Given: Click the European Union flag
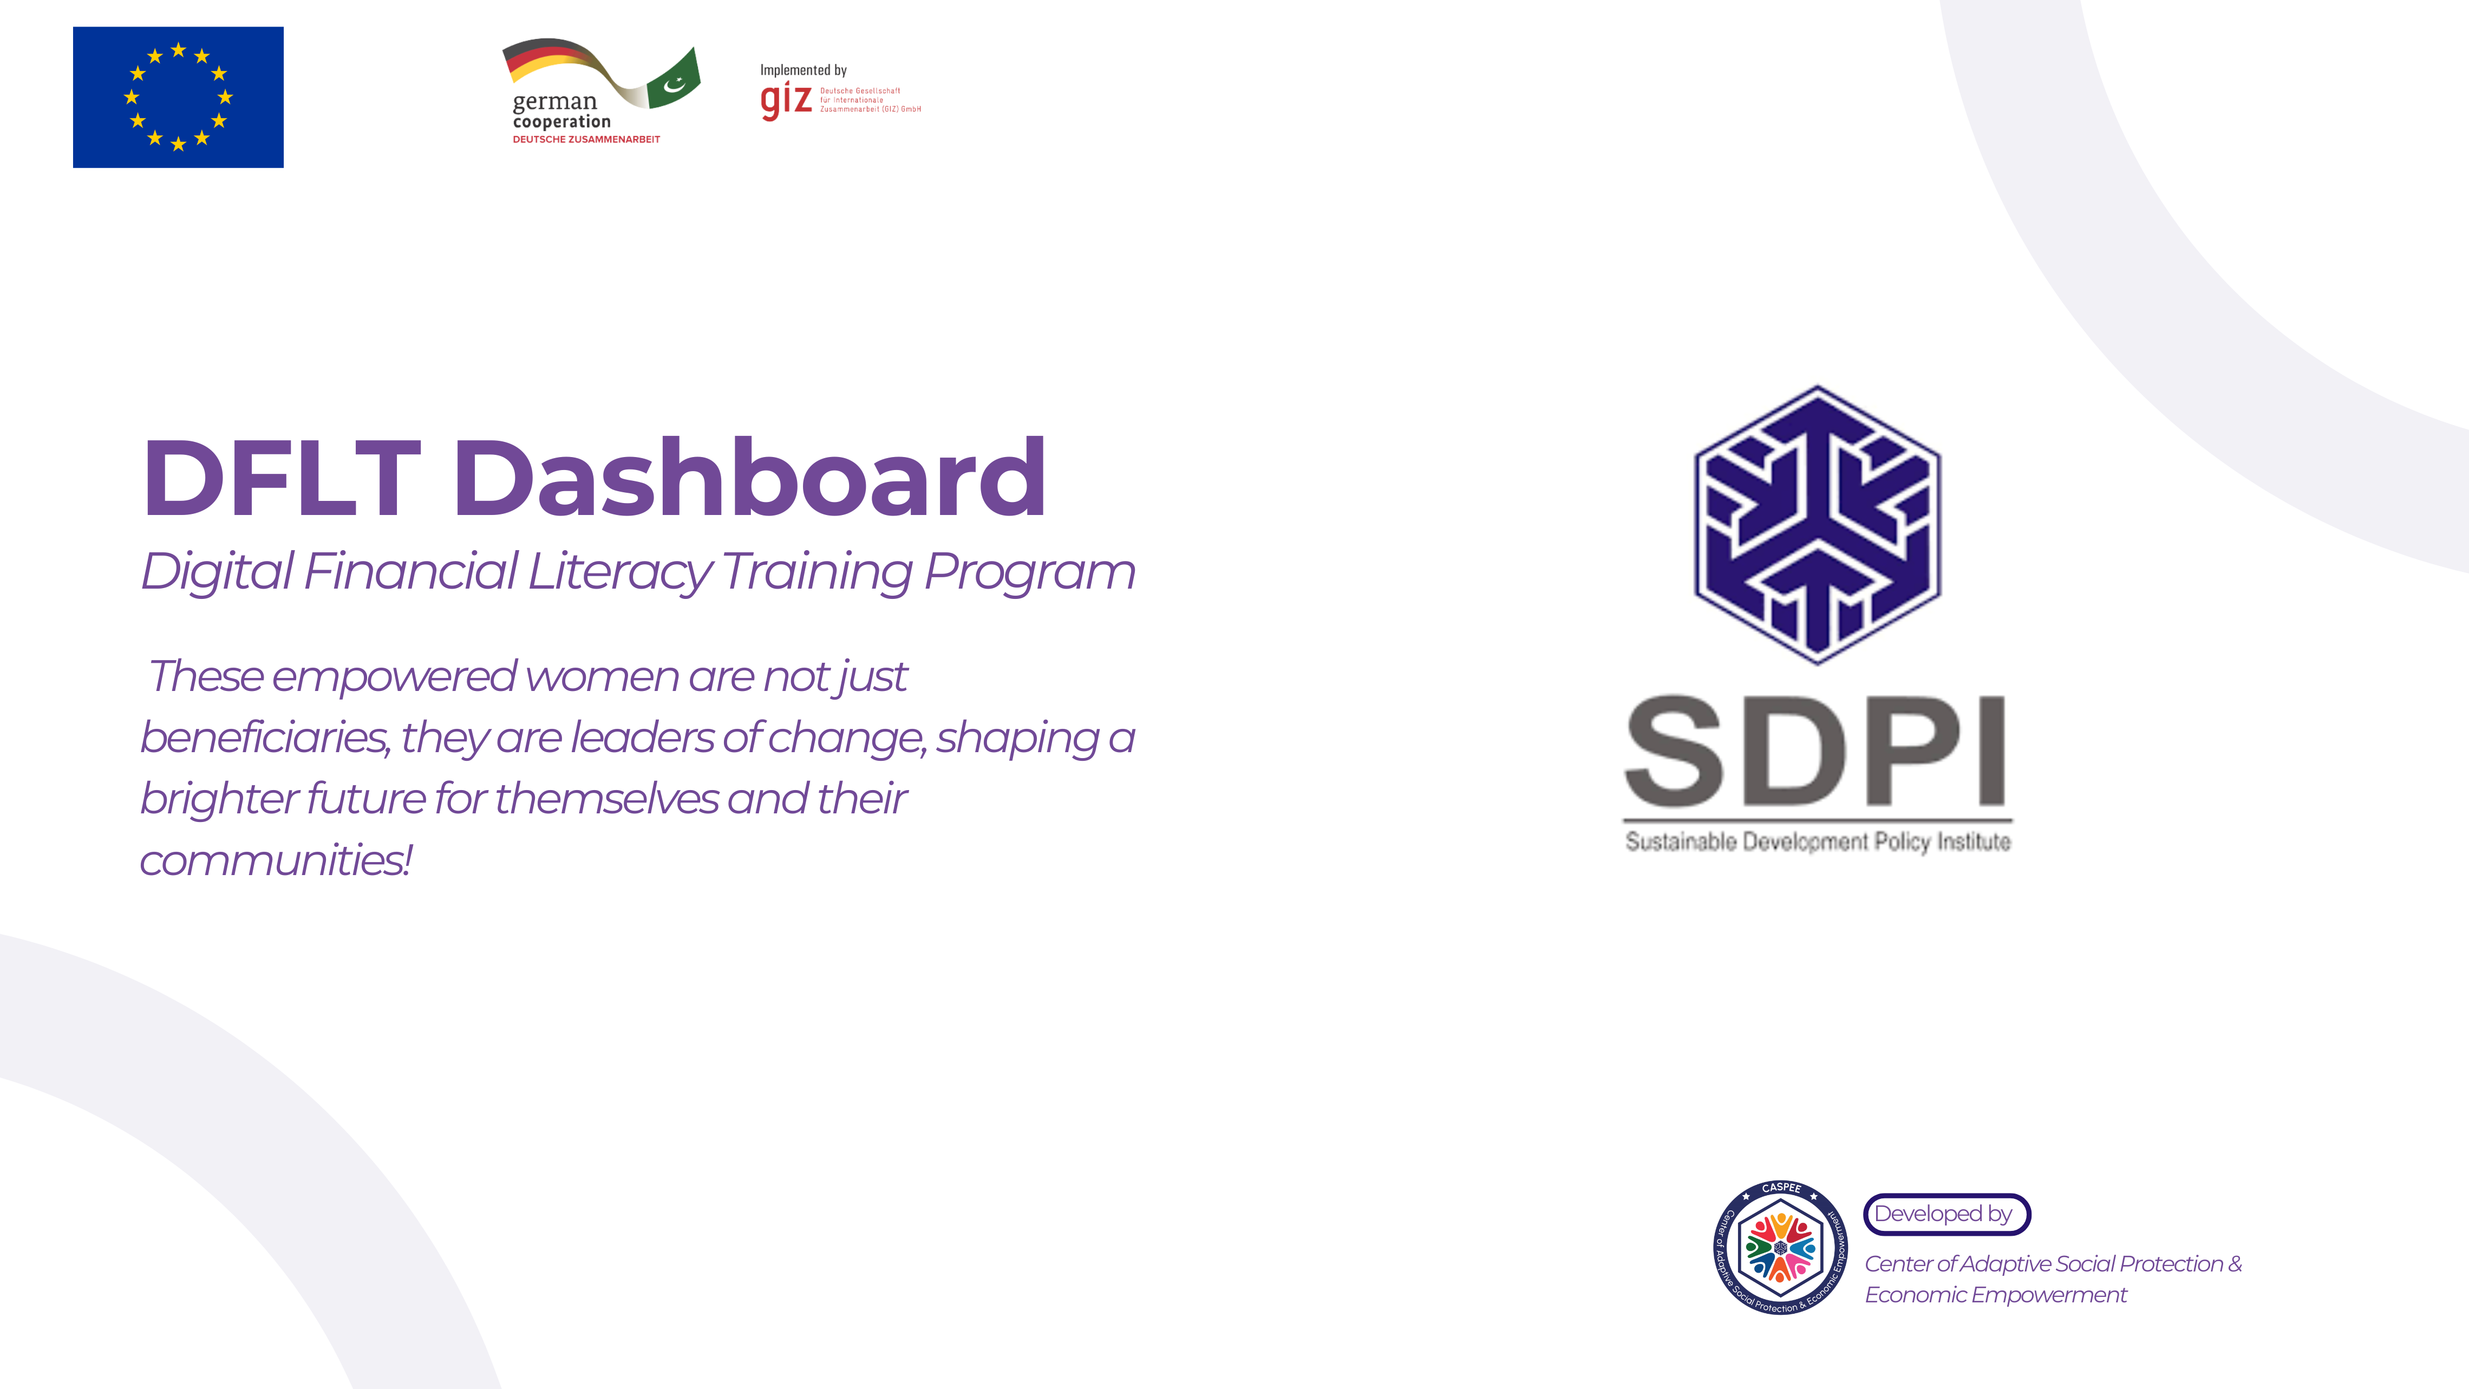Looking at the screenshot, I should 178,97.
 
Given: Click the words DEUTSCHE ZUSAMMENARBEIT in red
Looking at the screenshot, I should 586,140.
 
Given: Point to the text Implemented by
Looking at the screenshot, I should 803,70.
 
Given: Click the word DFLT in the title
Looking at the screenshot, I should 282,478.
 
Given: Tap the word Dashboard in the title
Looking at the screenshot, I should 749,478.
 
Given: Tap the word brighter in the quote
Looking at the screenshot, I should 217,799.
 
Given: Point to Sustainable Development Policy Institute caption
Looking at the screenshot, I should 1817,842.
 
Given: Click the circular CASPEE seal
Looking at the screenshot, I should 1781,1247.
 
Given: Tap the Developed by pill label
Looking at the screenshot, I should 1945,1214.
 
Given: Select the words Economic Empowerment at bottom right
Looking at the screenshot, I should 1996,1295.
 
